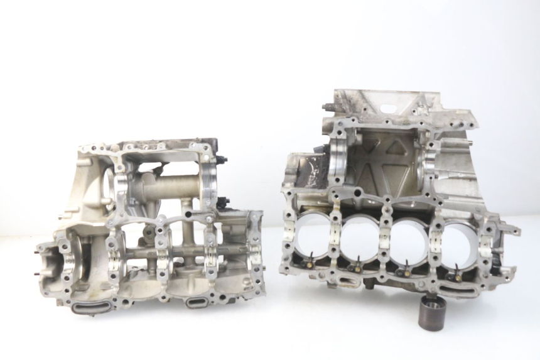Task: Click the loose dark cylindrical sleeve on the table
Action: click(x=433, y=312)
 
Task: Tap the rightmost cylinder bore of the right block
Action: click(x=458, y=241)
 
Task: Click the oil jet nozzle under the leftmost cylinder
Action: click(x=310, y=257)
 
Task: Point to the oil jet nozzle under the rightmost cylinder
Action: click(x=456, y=274)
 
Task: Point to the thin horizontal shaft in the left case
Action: click(x=188, y=251)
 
